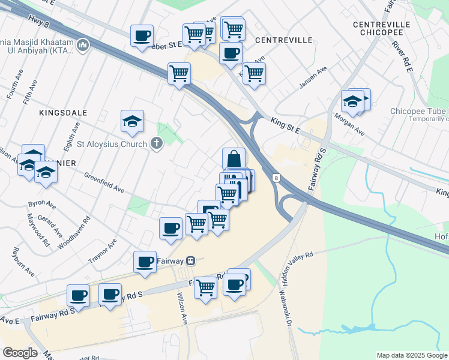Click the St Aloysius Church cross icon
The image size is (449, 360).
coord(157,144)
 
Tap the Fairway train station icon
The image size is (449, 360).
coord(190,261)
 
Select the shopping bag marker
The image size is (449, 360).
coord(234,160)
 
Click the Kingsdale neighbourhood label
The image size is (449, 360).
coord(63,113)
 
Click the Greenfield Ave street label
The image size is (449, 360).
coord(104,182)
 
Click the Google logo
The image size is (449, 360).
coord(20,353)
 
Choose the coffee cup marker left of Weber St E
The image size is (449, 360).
coord(142,36)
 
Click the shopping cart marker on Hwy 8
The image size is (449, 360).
coord(179,74)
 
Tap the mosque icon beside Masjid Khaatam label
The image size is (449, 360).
coord(83,44)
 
